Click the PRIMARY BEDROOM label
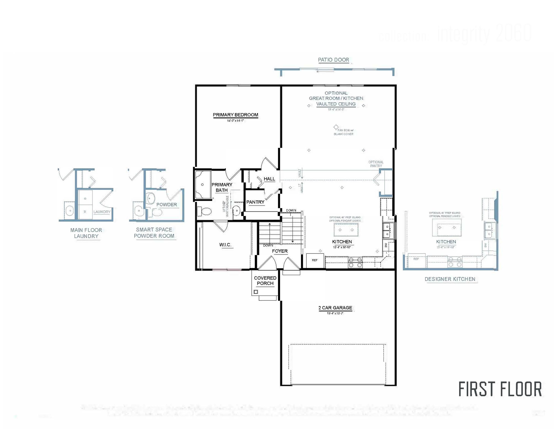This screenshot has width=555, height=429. (x=235, y=115)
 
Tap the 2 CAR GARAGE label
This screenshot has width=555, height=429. (x=335, y=308)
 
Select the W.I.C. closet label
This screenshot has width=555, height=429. (x=225, y=245)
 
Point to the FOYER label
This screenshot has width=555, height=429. (x=280, y=251)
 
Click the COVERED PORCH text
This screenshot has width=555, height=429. (x=265, y=281)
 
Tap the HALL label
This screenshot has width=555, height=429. (x=269, y=179)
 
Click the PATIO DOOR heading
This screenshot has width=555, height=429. (x=333, y=60)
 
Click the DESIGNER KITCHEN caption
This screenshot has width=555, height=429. (x=450, y=279)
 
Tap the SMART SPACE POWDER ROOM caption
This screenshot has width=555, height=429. (x=154, y=233)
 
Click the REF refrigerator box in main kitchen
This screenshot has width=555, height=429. (x=315, y=260)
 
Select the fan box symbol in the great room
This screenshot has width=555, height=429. (x=336, y=127)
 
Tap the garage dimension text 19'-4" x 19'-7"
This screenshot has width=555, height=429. (x=335, y=313)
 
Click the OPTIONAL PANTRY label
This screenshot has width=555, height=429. (x=376, y=164)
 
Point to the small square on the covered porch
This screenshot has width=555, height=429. (x=256, y=292)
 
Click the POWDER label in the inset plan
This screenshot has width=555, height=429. (x=166, y=205)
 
